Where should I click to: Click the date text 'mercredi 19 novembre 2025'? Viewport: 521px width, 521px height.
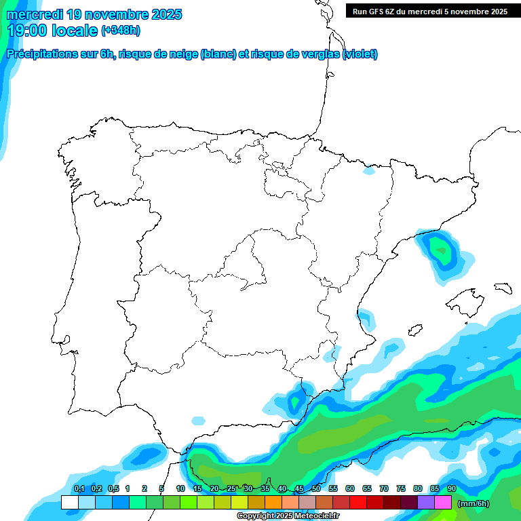[x=94, y=14]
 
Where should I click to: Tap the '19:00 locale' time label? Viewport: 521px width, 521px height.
[x=52, y=30]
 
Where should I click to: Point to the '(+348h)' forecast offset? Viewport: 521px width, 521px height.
[x=120, y=31]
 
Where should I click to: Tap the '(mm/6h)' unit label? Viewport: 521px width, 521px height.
[x=474, y=503]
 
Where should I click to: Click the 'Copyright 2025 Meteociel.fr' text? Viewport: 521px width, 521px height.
[x=288, y=516]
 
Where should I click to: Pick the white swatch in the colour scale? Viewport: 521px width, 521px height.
[x=69, y=503]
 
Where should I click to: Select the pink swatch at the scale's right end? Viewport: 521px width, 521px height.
[x=443, y=503]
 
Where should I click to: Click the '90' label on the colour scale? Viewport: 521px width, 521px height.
[x=451, y=488]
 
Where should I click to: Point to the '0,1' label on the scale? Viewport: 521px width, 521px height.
[x=79, y=488]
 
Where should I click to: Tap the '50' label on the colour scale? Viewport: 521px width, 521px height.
[x=316, y=488]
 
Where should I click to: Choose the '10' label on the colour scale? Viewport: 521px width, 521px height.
[x=180, y=488]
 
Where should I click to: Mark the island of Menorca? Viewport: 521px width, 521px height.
[x=502, y=288]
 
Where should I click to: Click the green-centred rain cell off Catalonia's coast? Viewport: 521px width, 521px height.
[x=441, y=252]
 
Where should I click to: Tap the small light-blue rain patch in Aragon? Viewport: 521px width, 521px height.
[x=368, y=171]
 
